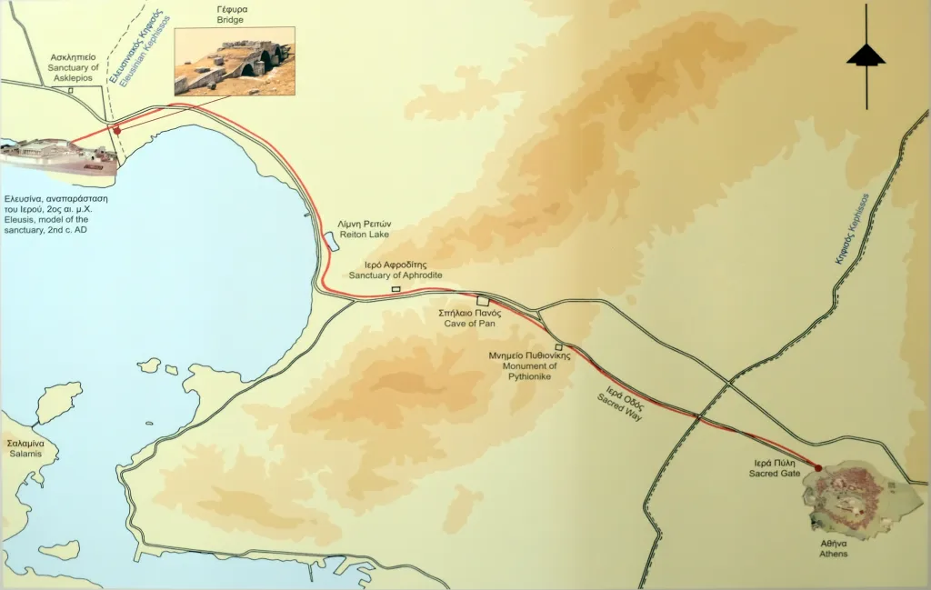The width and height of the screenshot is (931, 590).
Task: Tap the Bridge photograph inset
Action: pyautogui.click(x=235, y=60)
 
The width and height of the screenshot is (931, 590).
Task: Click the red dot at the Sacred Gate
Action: pyautogui.click(x=818, y=468)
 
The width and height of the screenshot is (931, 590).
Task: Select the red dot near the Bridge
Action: pyautogui.click(x=117, y=131)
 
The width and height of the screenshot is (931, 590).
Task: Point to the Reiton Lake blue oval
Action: pyautogui.click(x=330, y=241)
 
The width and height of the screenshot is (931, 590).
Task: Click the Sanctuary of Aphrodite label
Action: pyautogui.click(x=395, y=270)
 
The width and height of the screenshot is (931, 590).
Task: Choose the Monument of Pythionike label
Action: pyautogui.click(x=529, y=361)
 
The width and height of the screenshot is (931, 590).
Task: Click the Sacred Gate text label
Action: pyautogui.click(x=774, y=468)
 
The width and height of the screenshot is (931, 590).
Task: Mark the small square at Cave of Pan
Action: pyautogui.click(x=483, y=302)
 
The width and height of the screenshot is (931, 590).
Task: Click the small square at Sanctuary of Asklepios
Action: pyautogui.click(x=70, y=90)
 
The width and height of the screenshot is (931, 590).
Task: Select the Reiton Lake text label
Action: pyautogui.click(x=363, y=228)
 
